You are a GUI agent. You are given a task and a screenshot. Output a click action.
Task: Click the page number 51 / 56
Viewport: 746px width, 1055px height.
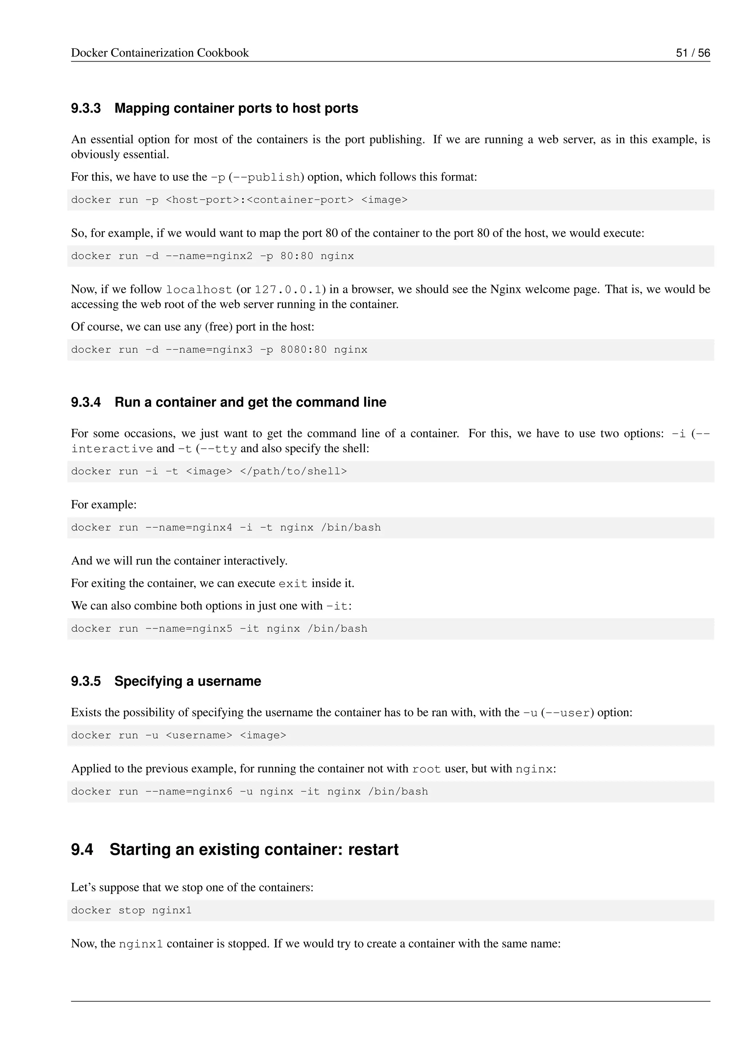693,53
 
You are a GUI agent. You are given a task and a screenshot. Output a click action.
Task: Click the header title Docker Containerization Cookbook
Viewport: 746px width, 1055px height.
160,53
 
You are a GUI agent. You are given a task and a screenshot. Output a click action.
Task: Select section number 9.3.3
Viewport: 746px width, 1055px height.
86,109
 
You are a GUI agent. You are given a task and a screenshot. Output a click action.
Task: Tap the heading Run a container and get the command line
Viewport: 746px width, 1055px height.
250,402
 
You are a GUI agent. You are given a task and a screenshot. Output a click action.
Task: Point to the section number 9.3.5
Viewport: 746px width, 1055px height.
86,681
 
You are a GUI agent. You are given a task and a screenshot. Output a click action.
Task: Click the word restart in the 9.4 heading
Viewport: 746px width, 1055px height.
373,850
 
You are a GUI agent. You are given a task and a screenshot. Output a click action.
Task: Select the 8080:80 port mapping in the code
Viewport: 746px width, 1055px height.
304,350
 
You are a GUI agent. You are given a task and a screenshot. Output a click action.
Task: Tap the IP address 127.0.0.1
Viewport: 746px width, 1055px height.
288,290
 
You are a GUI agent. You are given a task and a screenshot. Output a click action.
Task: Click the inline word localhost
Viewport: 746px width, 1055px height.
199,290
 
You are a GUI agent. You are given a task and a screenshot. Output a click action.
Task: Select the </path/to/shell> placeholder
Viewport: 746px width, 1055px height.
294,471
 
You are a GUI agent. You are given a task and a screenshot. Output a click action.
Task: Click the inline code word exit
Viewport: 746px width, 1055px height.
293,584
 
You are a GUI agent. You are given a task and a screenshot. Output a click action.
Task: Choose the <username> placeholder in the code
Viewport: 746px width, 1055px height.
199,735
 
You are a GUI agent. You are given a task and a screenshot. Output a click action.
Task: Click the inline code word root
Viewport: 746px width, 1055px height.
426,769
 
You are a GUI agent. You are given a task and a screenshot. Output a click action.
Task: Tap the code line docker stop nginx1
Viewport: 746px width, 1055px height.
131,910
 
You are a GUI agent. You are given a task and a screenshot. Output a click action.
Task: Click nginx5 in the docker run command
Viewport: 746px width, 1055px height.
212,628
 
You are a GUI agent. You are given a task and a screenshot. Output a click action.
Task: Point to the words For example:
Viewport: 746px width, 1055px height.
104,505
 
